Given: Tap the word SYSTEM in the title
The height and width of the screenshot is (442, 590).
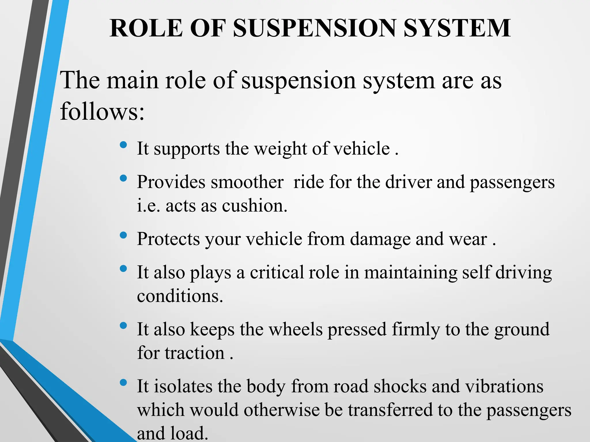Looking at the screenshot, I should click(x=457, y=28).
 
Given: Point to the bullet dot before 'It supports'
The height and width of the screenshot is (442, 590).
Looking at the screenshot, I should click(x=123, y=145).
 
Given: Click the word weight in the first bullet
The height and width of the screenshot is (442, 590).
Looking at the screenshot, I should click(x=281, y=149).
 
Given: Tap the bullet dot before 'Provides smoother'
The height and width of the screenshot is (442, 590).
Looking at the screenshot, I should click(x=123, y=178).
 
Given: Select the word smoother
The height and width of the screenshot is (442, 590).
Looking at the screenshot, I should click(x=247, y=182).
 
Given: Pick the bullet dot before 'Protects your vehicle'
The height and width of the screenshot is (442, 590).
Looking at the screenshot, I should click(x=123, y=235).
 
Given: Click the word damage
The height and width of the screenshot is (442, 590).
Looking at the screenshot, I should click(x=380, y=239).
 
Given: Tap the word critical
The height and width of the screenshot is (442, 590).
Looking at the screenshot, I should click(x=277, y=272).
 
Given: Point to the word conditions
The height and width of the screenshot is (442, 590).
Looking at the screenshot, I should click(x=180, y=296).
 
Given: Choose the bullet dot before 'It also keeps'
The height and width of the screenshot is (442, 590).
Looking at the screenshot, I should click(x=123, y=326).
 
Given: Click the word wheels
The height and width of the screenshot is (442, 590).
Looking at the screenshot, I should click(x=296, y=329).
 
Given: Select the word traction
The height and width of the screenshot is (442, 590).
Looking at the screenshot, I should click(x=195, y=353).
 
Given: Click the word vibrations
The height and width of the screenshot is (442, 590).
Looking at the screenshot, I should click(x=504, y=386).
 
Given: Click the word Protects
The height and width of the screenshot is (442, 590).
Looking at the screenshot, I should click(x=168, y=239).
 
